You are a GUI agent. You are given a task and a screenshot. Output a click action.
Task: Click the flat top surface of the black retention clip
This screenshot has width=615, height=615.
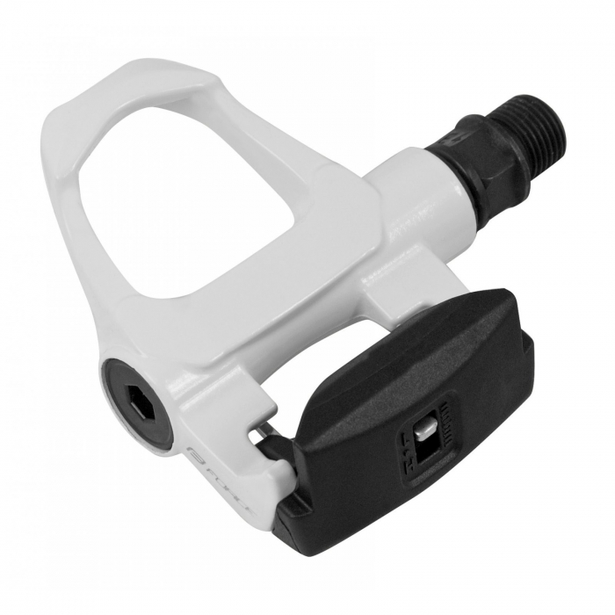click(x=413, y=369)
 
